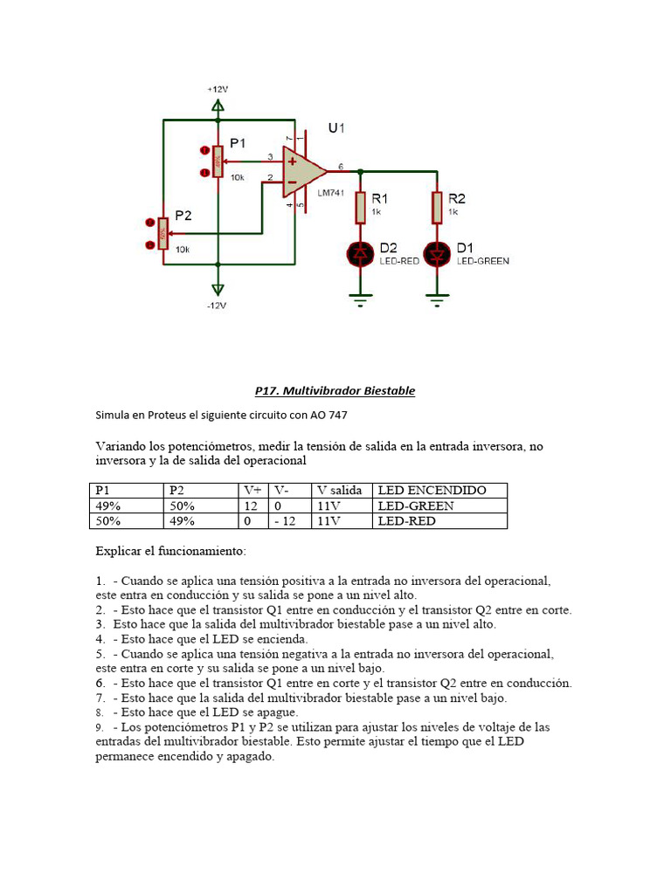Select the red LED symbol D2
coord(360,254)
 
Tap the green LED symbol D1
coord(437,254)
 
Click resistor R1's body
coord(360,208)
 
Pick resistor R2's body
coord(437,208)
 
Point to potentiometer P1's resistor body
coord(218,162)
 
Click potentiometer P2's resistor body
coord(163,234)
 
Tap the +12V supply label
coord(218,90)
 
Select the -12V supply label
coord(217,306)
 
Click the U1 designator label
coord(336,128)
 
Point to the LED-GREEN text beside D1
coord(482,261)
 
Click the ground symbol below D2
coord(360,300)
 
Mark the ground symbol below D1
coord(437,300)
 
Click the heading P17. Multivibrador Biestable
coord(335,391)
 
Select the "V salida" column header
coord(340,491)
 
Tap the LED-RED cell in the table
coord(407,521)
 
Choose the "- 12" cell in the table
coord(285,521)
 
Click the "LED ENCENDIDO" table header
coord(432,491)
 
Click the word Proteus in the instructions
coord(167,415)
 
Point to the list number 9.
coord(100,727)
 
